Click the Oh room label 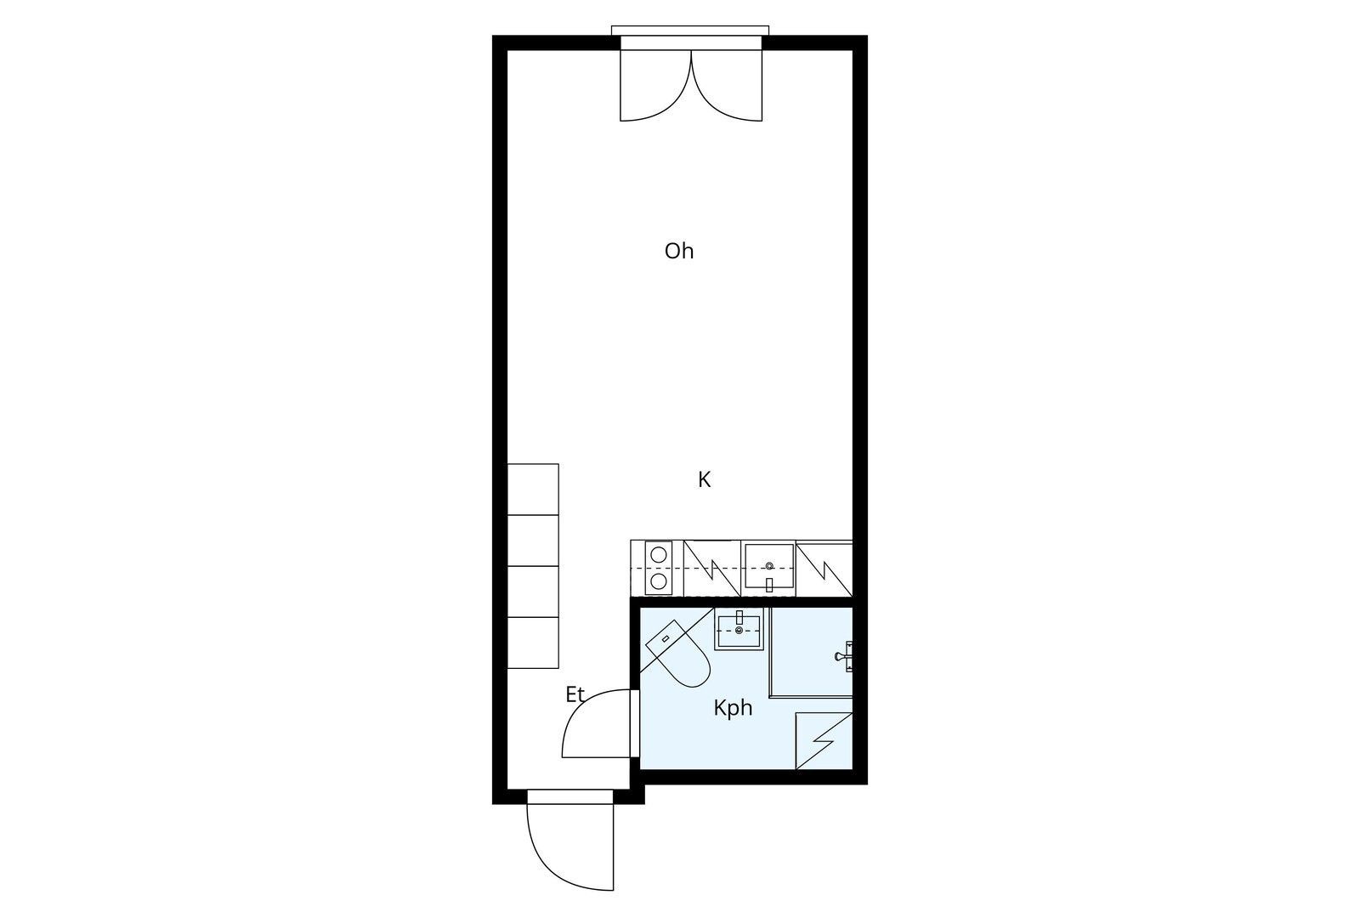[x=679, y=251]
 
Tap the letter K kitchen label [x=705, y=479]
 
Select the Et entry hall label [x=575, y=694]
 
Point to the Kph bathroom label [x=733, y=708]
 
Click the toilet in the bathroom [x=678, y=654]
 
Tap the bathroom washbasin [x=739, y=628]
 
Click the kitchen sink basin [x=769, y=566]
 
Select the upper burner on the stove [x=658, y=554]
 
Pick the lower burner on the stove [x=658, y=581]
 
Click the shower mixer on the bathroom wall [x=844, y=656]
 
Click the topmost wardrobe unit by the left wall [x=533, y=490]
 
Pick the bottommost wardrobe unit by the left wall [x=533, y=643]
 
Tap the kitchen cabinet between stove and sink [x=712, y=569]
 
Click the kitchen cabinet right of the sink [x=824, y=569]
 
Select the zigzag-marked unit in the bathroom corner [x=824, y=741]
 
